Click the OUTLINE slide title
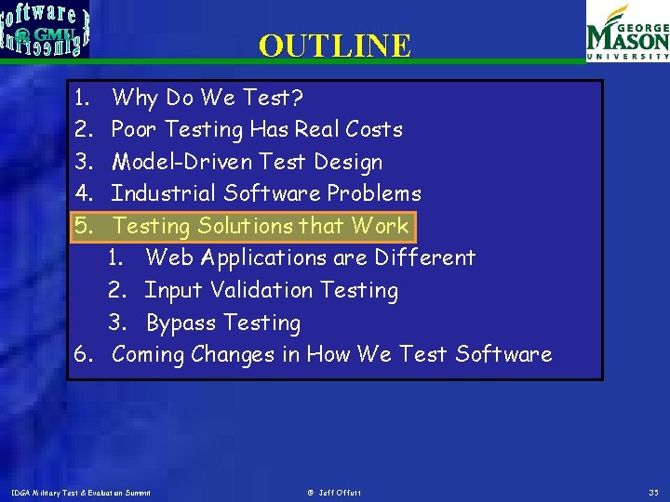click(334, 46)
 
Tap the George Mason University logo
click(626, 33)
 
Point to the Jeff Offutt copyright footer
click(334, 492)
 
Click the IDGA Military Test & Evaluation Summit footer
click(80, 492)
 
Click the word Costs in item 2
click(373, 129)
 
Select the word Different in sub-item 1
click(432, 258)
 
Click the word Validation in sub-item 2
click(261, 290)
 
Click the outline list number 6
click(82, 354)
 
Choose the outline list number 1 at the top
click(82, 98)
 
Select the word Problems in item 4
click(376, 193)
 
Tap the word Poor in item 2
click(132, 129)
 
